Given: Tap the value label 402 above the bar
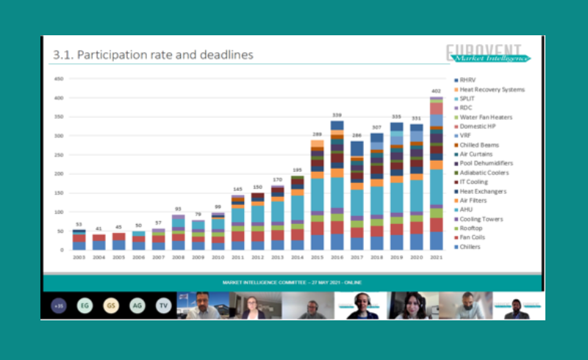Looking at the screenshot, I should [436, 91].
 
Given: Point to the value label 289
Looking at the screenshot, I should [317, 134].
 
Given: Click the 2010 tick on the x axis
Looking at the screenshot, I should [218, 257].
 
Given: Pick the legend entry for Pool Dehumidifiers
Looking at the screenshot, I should [486, 163].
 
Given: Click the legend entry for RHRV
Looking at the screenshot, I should [467, 80].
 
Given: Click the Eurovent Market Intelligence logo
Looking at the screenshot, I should [488, 54].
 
